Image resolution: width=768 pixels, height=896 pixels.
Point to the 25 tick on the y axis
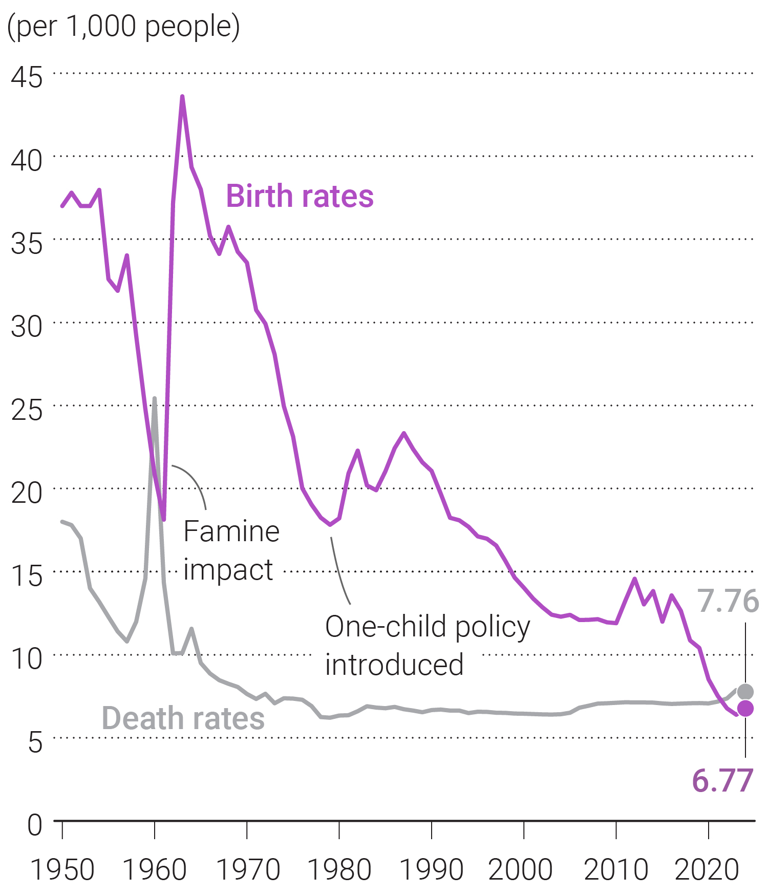tap(27, 410)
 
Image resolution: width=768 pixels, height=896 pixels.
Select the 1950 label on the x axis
tap(62, 869)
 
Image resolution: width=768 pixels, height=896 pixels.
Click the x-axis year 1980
tap(339, 869)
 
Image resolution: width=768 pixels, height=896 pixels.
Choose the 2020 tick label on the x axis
tap(707, 869)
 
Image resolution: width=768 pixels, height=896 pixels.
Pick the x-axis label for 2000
tap(521, 869)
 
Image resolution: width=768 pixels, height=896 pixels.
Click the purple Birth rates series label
tap(300, 196)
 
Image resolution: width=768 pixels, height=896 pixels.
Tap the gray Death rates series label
tap(183, 718)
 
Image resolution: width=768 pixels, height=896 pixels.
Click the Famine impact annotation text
tap(231, 550)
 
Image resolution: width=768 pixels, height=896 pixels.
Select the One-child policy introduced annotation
tap(428, 645)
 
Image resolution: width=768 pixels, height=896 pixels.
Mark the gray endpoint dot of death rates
tap(745, 692)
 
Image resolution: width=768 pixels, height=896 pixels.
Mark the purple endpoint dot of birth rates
tap(745, 709)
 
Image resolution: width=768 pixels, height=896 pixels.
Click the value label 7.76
tap(728, 601)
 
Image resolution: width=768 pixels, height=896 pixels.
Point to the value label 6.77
tap(722, 781)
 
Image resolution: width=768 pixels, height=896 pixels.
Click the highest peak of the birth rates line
tap(182, 96)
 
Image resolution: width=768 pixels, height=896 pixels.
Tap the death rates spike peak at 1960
tap(155, 398)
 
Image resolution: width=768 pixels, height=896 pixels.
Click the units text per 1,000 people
tap(123, 27)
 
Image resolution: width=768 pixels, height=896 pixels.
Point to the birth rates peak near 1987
tap(404, 433)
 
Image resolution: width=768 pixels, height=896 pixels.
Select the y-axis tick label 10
tap(27, 659)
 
